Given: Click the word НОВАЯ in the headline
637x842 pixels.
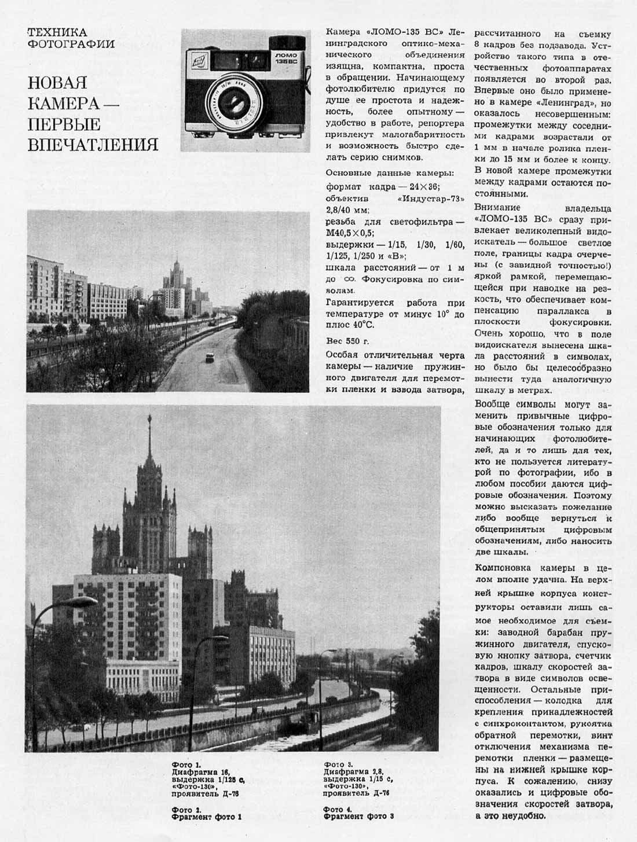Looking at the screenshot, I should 57,83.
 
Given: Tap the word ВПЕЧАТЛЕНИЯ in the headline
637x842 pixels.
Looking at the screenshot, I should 93,144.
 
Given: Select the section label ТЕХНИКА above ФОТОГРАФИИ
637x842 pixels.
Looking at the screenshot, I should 57,32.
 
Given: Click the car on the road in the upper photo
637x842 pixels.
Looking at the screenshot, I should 207,358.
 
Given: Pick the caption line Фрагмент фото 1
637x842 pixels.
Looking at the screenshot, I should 206,817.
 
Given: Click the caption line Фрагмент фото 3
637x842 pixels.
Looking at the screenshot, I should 359,817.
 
